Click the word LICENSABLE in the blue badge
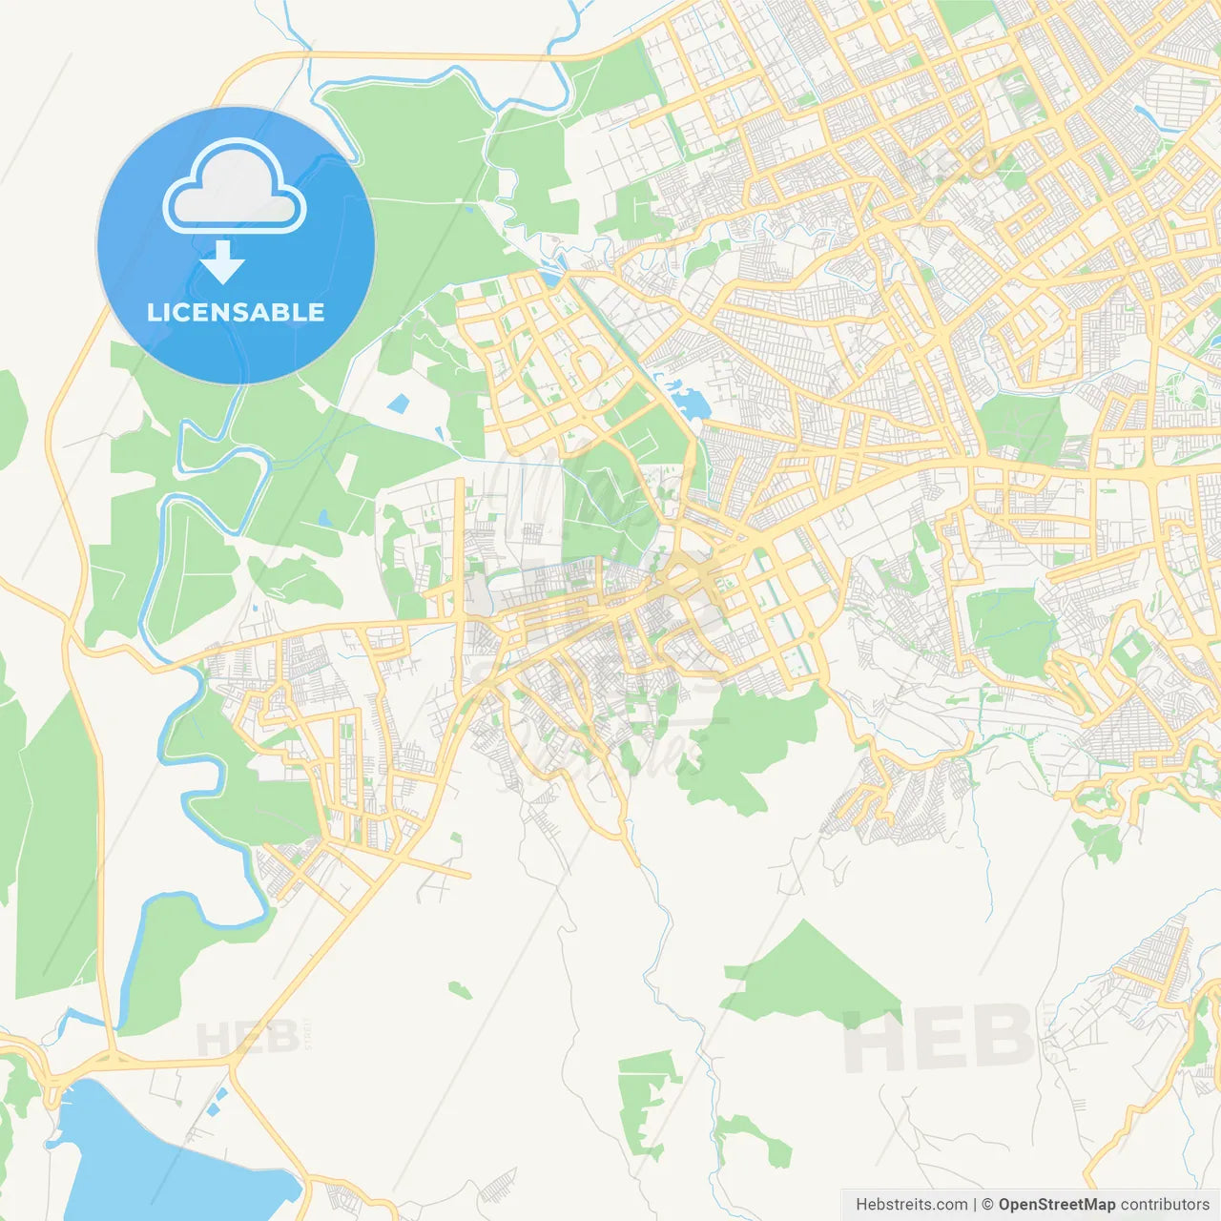[x=236, y=312]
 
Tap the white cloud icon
[x=234, y=186]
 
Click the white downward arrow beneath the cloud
[x=222, y=262]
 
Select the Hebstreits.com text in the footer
[x=911, y=1205]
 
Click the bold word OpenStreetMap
[x=1056, y=1205]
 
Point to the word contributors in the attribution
[x=1165, y=1205]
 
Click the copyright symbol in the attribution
[x=987, y=1205]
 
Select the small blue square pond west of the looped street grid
[x=398, y=404]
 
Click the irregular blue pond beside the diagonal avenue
[x=689, y=400]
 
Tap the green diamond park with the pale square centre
[x=1132, y=652]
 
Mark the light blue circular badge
[x=236, y=245]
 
